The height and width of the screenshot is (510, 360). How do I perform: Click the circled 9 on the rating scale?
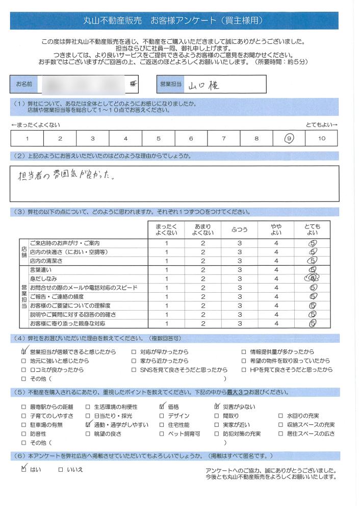(x=289, y=138)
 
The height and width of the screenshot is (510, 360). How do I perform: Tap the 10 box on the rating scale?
(x=321, y=138)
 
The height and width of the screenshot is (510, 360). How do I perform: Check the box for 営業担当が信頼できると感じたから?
(x=23, y=352)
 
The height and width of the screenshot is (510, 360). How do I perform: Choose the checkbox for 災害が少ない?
(x=217, y=406)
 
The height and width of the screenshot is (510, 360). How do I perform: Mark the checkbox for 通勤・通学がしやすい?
(x=88, y=425)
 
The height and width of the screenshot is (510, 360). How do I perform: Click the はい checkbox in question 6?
(x=23, y=469)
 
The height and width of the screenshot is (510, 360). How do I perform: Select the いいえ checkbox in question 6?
(x=61, y=469)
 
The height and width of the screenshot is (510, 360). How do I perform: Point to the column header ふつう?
(x=239, y=229)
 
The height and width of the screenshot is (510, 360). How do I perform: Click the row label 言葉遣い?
(x=41, y=270)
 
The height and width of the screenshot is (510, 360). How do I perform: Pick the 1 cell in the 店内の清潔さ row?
(x=166, y=261)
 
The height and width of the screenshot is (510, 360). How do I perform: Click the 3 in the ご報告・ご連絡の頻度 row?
(x=239, y=297)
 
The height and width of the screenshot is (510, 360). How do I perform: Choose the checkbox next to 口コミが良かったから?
(x=23, y=370)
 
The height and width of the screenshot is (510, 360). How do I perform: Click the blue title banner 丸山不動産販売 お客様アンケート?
(x=174, y=21)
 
